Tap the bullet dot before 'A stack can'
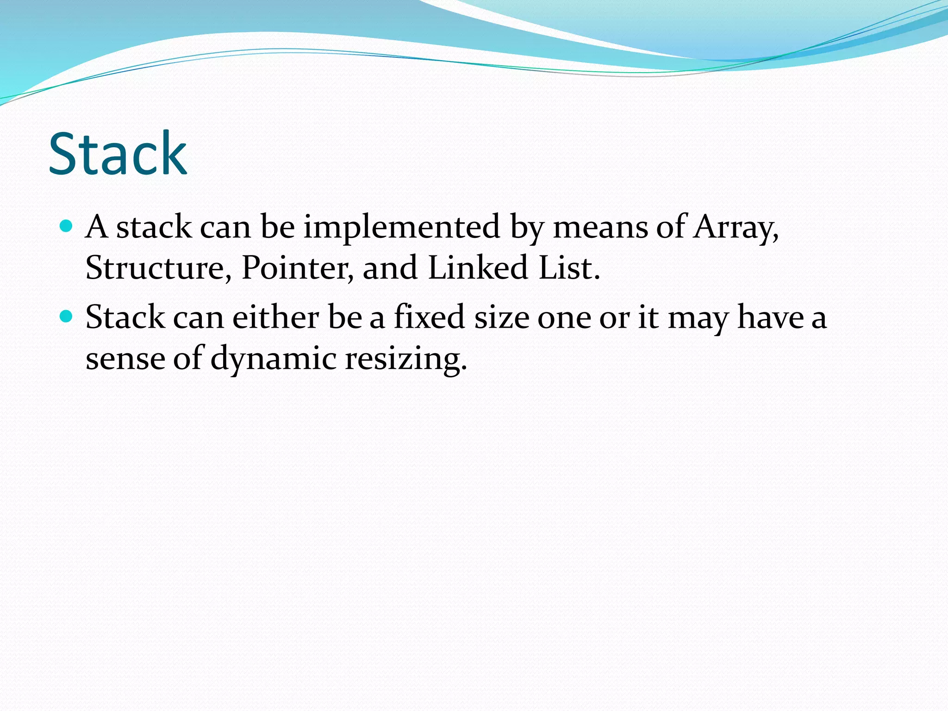tap(67, 226)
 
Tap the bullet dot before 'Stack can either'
tap(67, 317)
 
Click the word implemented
tap(401, 228)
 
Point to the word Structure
tap(157, 268)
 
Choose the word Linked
tap(478, 268)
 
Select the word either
tap(275, 318)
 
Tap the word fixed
tap(429, 318)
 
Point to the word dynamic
tap(273, 359)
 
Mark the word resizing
tap(405, 359)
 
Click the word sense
tap(125, 359)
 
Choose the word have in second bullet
tap(770, 318)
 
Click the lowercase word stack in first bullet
tap(154, 228)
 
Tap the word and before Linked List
tap(390, 268)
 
